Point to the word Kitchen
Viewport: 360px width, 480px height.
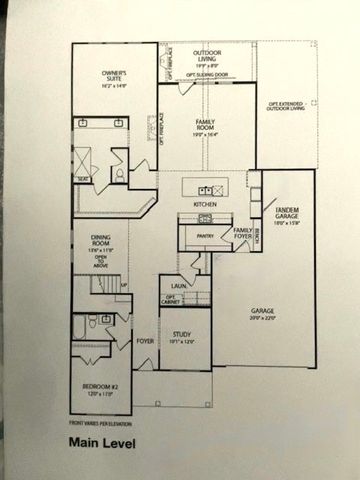(205, 204)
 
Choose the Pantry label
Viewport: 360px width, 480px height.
(207, 237)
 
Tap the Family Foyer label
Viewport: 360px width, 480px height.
(241, 233)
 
